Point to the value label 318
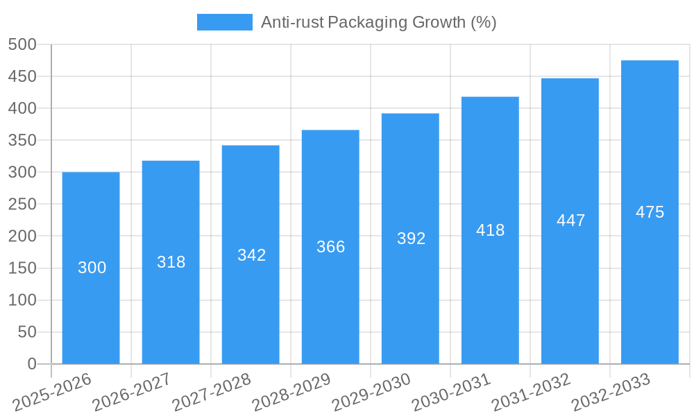pyautogui.click(x=171, y=262)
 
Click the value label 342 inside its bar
pyautogui.click(x=251, y=255)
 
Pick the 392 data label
pyautogui.click(x=411, y=239)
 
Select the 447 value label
pyautogui.click(x=570, y=220)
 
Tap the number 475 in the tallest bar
pyautogui.click(x=650, y=212)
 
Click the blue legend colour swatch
pyautogui.click(x=224, y=22)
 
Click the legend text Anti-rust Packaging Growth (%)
pyautogui.click(x=378, y=22)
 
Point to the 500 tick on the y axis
pyautogui.click(x=22, y=44)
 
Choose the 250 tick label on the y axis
pyautogui.click(x=22, y=205)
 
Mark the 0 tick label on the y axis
pyautogui.click(x=31, y=364)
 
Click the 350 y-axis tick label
pyautogui.click(x=22, y=140)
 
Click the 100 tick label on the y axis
pyautogui.click(x=22, y=300)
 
